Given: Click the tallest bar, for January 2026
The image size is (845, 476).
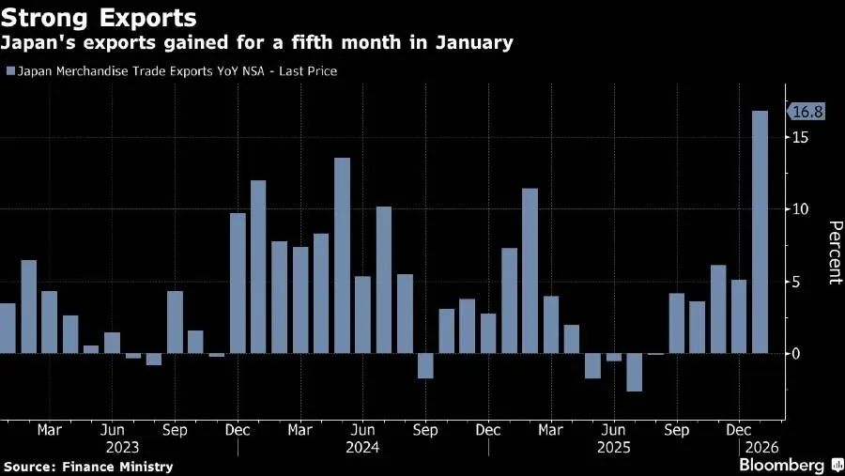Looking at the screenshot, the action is pyautogui.click(x=760, y=232).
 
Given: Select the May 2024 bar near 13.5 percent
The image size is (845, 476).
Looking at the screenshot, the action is pyautogui.click(x=342, y=255).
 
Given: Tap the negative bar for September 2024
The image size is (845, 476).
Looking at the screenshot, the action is pyautogui.click(x=425, y=366).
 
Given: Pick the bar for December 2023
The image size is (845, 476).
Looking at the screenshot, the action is pyautogui.click(x=238, y=284).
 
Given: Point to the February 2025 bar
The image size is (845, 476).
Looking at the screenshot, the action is pyautogui.click(x=530, y=271).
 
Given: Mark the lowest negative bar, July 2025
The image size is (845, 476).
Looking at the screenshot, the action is pyautogui.click(x=635, y=373).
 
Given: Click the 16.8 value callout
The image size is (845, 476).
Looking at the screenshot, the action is pyautogui.click(x=807, y=112).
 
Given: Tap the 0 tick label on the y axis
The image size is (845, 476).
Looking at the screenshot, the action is pyautogui.click(x=796, y=354).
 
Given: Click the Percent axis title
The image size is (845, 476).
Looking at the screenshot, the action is pyautogui.click(x=836, y=253).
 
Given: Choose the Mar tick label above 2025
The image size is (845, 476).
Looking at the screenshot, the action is pyautogui.click(x=550, y=430).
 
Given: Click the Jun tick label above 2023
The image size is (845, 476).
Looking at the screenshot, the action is pyautogui.click(x=112, y=430).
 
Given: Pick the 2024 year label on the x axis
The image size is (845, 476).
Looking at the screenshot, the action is pyautogui.click(x=362, y=448).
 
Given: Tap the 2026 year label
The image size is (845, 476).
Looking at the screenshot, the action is pyautogui.click(x=762, y=448).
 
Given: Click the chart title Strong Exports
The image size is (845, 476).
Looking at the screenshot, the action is pyautogui.click(x=99, y=18).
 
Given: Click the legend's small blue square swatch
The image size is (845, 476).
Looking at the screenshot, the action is pyautogui.click(x=10, y=71).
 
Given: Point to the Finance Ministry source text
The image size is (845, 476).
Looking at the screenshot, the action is pyautogui.click(x=117, y=467).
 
